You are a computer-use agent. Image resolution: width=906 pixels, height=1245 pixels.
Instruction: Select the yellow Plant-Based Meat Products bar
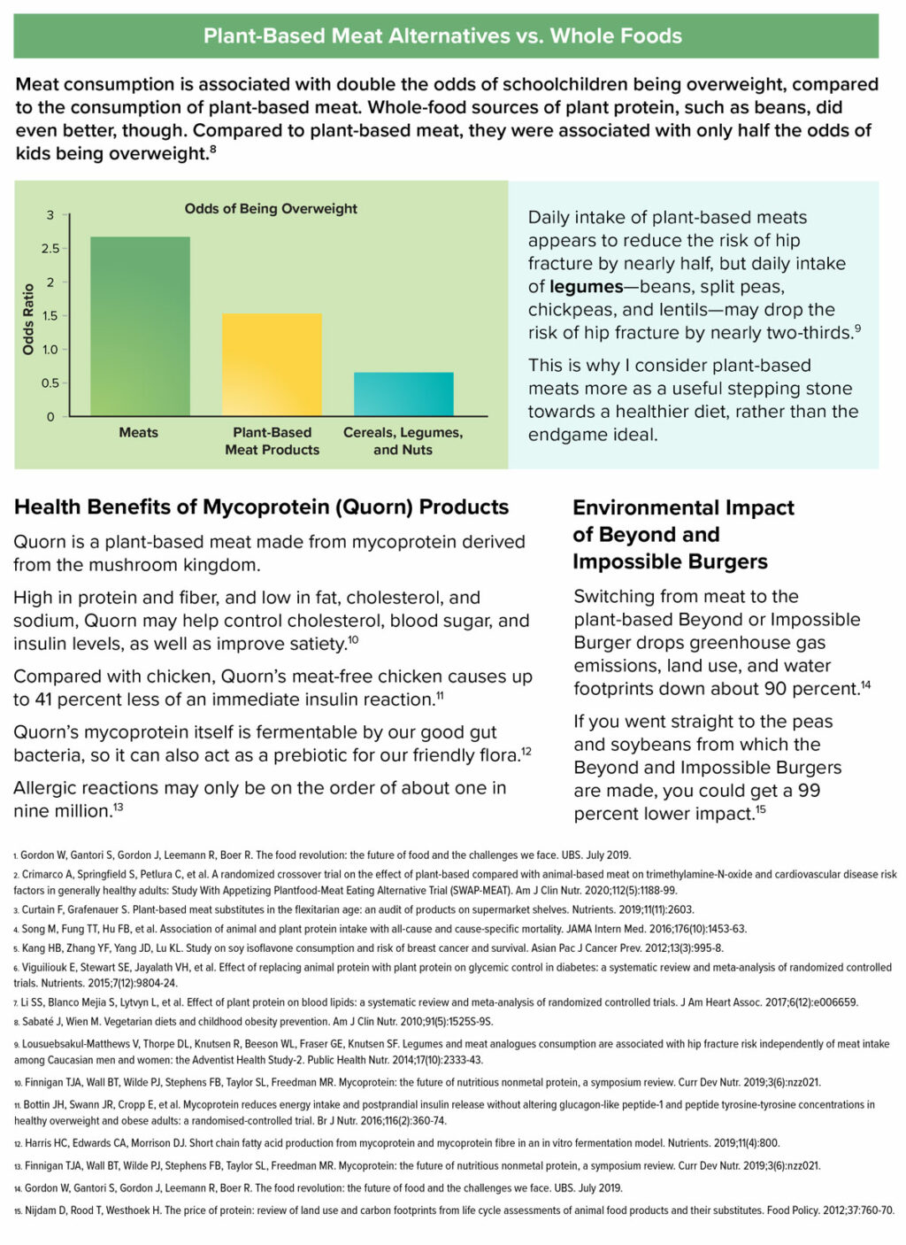coord(272,365)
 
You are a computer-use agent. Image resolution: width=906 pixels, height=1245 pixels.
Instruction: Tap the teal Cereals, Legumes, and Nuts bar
coord(403,394)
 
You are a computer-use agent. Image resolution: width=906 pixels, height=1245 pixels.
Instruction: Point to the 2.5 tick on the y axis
coord(50,249)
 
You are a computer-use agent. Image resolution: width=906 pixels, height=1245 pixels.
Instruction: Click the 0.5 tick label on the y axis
coord(50,383)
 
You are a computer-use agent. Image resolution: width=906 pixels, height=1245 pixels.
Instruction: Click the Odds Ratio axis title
coord(28,319)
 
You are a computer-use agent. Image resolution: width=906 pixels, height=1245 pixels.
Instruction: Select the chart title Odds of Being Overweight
coord(271,209)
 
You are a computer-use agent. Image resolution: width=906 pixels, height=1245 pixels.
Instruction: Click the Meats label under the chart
coord(139,433)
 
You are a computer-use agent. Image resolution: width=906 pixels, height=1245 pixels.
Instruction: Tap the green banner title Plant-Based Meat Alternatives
coord(443,36)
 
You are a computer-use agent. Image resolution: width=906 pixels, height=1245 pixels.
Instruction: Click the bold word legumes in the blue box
coord(586,287)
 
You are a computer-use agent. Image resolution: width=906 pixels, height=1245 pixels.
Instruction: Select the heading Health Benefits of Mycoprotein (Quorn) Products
coord(261,507)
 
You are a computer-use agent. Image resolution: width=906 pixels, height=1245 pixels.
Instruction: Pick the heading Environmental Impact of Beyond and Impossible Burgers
coord(682,535)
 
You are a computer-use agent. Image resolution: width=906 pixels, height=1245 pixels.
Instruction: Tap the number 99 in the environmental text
coord(809,791)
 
